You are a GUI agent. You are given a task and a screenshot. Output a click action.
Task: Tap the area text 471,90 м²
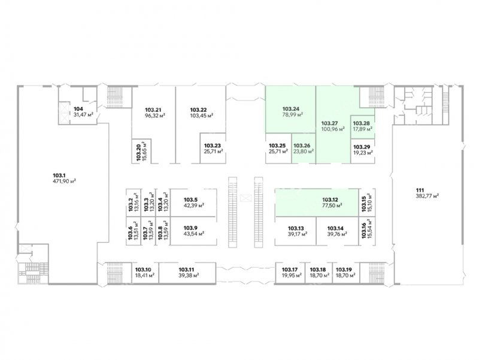[x=64, y=181]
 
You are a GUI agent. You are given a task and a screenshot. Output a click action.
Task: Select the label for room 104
[x=78, y=109]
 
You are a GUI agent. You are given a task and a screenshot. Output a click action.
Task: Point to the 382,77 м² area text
[x=428, y=196]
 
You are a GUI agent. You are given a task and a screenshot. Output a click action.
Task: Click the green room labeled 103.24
[x=290, y=110]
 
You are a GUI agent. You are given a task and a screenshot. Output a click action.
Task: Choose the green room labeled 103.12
[x=317, y=202]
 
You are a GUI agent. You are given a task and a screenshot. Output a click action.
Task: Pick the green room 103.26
[x=304, y=148]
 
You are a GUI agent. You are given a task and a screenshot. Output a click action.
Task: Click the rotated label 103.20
[x=138, y=152]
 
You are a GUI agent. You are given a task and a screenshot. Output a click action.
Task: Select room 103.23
[x=213, y=148]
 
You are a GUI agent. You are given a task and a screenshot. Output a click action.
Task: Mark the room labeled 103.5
[x=193, y=202]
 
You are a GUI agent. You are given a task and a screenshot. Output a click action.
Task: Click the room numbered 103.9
[x=193, y=231]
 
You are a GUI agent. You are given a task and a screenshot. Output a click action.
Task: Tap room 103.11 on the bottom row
[x=187, y=273]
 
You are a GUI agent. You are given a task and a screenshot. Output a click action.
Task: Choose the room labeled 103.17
[x=290, y=273]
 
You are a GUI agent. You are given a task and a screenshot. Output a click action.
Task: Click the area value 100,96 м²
[x=333, y=129]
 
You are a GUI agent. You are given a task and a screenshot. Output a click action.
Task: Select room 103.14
[x=337, y=231]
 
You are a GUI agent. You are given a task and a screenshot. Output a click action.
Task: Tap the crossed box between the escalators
[x=245, y=199]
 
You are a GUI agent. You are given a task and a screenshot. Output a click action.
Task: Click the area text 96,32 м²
[x=155, y=116]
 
